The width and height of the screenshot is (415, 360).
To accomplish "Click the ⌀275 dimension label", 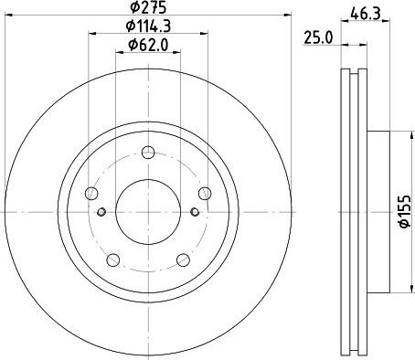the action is [x=148, y=7].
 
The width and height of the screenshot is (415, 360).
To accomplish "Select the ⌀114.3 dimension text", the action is [x=148, y=26].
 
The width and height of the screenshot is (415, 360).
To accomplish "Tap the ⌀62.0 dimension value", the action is [x=148, y=45].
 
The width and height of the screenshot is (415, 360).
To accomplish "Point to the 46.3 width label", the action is [x=366, y=14].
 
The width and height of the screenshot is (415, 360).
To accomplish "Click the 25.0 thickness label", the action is [x=318, y=38].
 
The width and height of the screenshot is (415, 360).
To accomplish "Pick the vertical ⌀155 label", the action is [x=405, y=211].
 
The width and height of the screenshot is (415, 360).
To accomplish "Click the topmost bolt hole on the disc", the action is [x=148, y=153].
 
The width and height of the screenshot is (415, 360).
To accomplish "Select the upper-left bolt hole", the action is [x=91, y=194].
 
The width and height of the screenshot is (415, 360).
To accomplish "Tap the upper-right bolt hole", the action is [x=205, y=194].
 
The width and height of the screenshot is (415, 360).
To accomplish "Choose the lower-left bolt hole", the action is [x=113, y=259].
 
